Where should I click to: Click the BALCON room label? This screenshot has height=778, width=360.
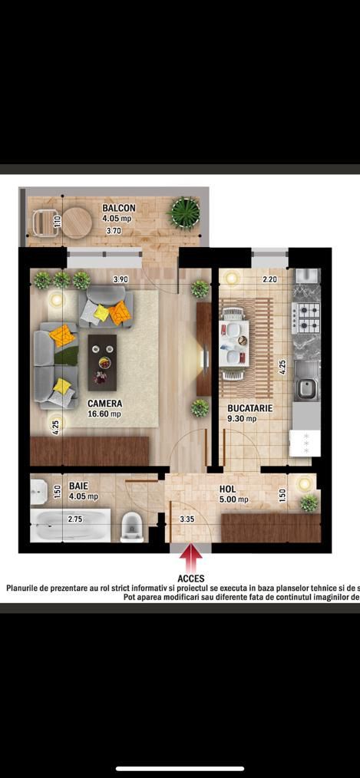pyautogui.click(x=119, y=208)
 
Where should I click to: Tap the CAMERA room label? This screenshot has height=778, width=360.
pyautogui.click(x=104, y=403)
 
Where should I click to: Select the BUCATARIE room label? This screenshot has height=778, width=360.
pyautogui.click(x=249, y=409)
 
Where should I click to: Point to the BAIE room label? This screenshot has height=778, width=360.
pyautogui.click(x=78, y=486)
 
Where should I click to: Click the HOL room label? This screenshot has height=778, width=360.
pyautogui.click(x=227, y=489)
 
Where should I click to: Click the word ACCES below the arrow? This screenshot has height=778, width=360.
pyautogui.click(x=191, y=578)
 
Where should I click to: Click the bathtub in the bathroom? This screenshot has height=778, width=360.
pyautogui.click(x=71, y=526)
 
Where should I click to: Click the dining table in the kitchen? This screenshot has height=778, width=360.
pyautogui.click(x=234, y=341)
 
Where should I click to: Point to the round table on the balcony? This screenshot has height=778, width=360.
pyautogui.click(x=77, y=223)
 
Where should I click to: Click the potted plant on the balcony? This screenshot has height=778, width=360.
pyautogui.click(x=184, y=212)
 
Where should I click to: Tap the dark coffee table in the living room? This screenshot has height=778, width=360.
pyautogui.click(x=102, y=362)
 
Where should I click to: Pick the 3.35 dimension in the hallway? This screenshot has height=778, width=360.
pyautogui.click(x=187, y=519)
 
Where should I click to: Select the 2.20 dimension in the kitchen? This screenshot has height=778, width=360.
pyautogui.click(x=269, y=280)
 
